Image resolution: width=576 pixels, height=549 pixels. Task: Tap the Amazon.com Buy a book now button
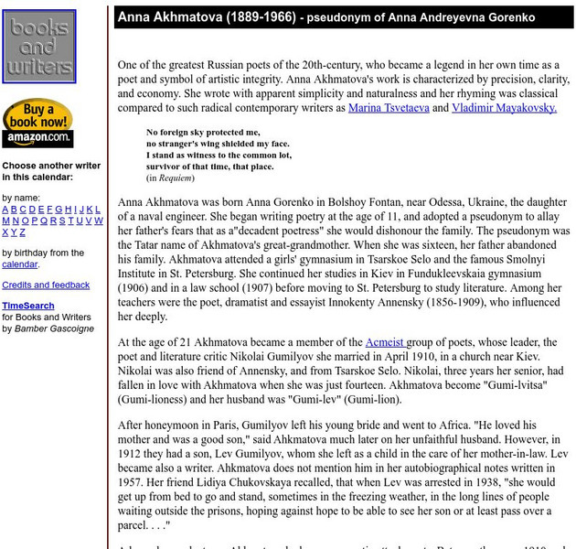click(37, 124)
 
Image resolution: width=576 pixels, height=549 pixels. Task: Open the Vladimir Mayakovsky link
click(506, 108)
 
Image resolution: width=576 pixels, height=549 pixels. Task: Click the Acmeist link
click(386, 342)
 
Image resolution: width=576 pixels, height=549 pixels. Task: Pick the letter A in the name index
click(5, 209)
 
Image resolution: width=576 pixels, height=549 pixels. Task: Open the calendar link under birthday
click(19, 264)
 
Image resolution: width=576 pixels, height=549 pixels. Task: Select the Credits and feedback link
click(46, 285)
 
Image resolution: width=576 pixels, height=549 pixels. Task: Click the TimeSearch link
click(27, 306)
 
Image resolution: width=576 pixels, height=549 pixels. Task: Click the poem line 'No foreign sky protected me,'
click(203, 133)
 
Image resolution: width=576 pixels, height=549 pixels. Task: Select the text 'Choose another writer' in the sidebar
click(51, 166)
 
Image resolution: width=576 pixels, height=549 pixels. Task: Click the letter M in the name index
click(5, 221)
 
